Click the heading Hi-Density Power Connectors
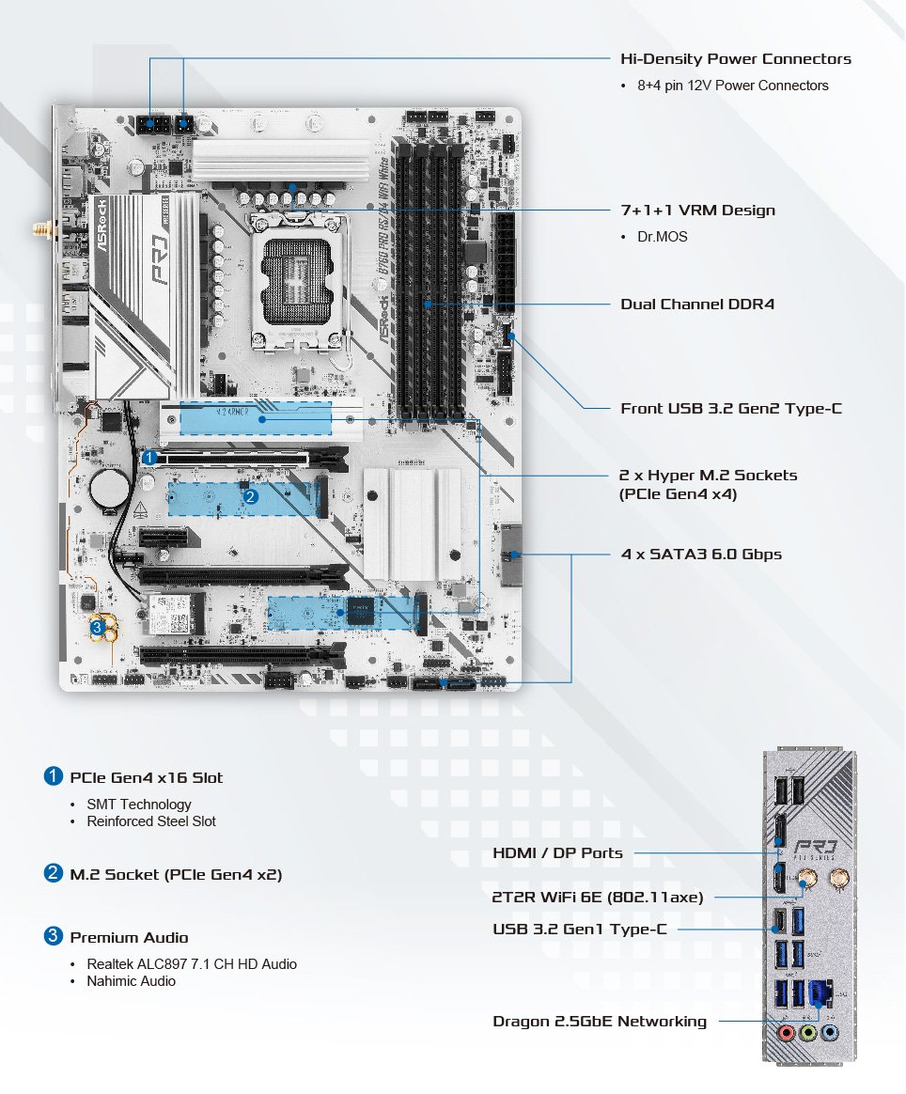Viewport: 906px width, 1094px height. pyautogui.click(x=736, y=58)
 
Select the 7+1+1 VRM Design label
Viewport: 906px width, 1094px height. pyautogui.click(x=698, y=210)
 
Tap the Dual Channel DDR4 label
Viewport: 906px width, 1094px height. pyautogui.click(x=697, y=304)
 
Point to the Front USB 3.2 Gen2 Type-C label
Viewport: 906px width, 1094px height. pyautogui.click(x=731, y=408)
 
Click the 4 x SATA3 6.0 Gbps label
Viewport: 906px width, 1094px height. pyautogui.click(x=701, y=554)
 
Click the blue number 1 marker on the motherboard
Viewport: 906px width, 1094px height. pyautogui.click(x=150, y=457)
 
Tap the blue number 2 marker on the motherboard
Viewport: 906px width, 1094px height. pyautogui.click(x=250, y=495)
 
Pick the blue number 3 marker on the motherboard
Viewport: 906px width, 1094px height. pyautogui.click(x=97, y=625)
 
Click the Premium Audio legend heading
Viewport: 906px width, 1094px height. pyautogui.click(x=129, y=937)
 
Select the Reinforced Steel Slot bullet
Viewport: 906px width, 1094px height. pyautogui.click(x=150, y=820)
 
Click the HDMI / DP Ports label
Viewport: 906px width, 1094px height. pyautogui.click(x=557, y=852)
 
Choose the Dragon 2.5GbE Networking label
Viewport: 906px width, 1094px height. pyautogui.click(x=600, y=1021)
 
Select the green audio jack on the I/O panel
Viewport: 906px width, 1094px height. pyautogui.click(x=807, y=1032)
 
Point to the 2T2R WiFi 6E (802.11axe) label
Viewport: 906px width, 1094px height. pyautogui.click(x=598, y=897)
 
